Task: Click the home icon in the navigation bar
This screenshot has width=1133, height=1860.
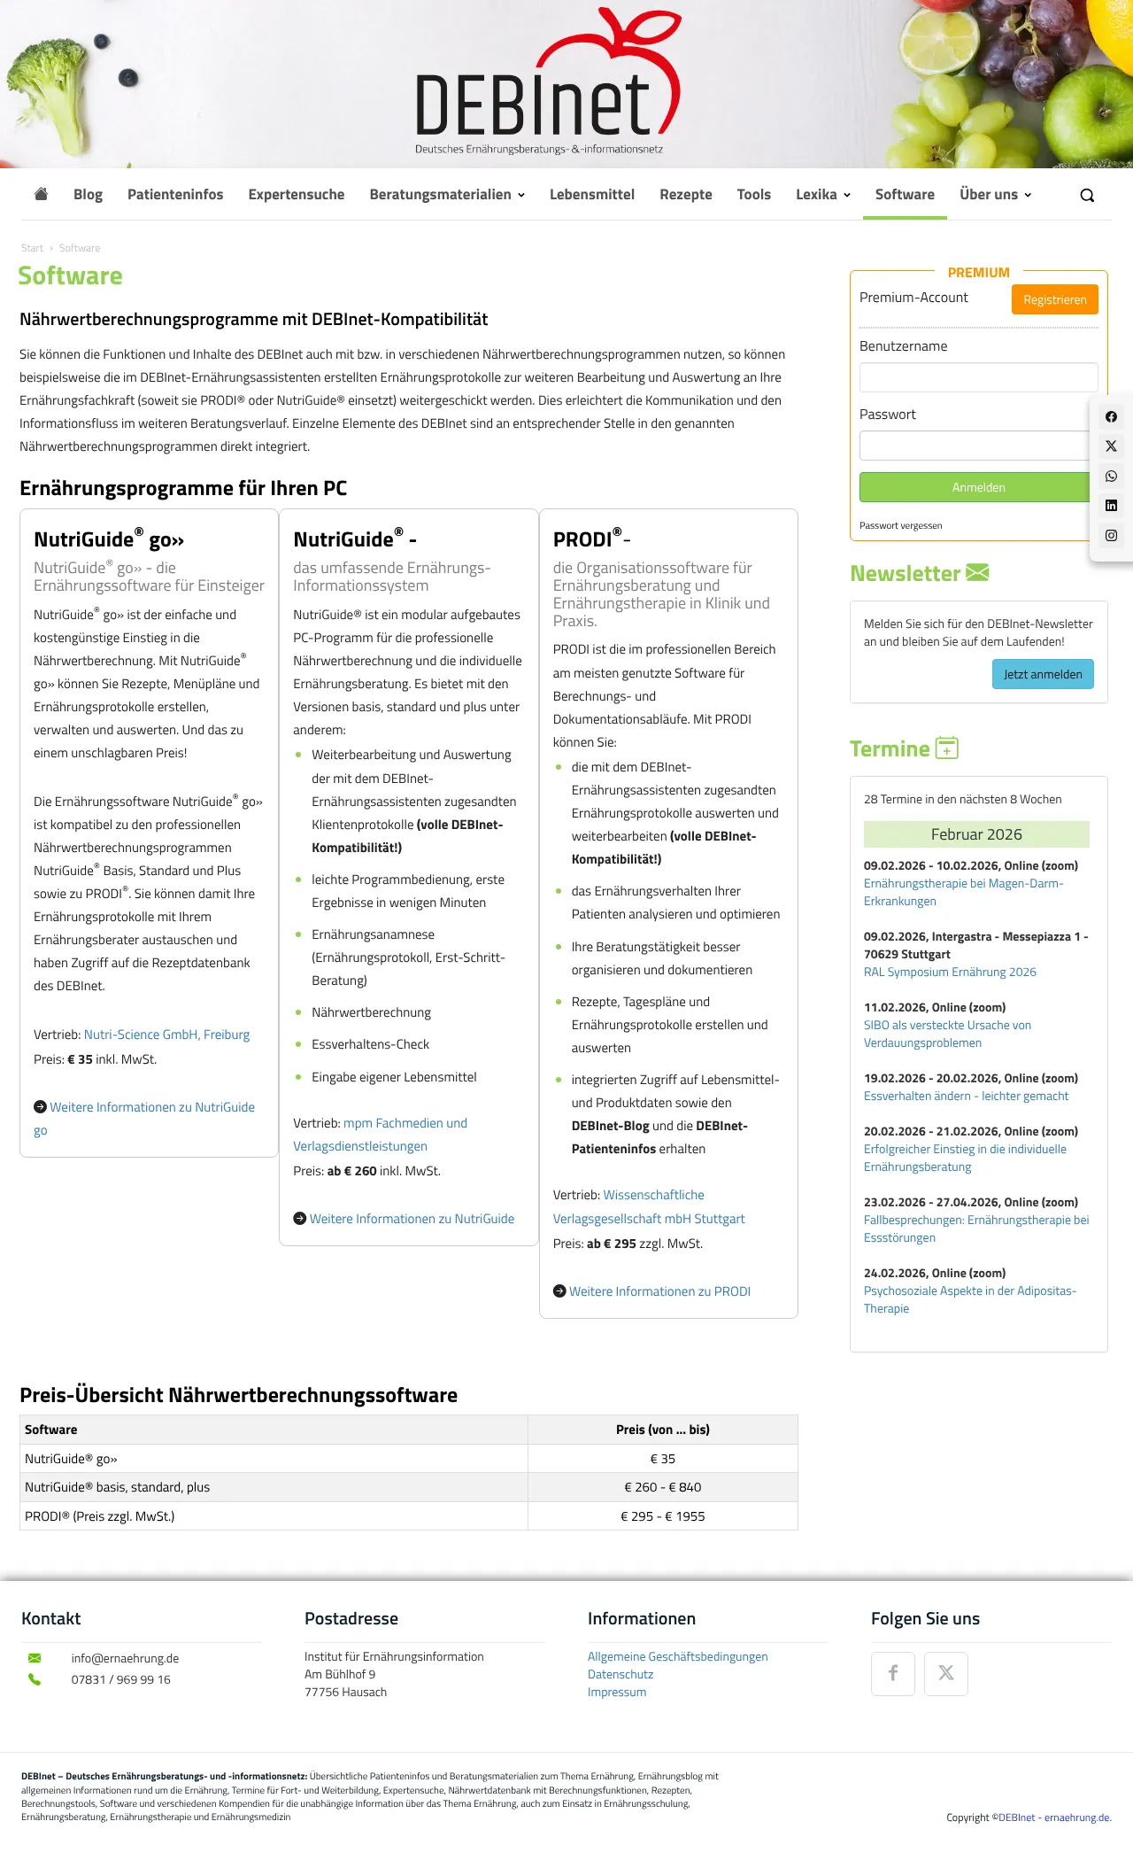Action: pyautogui.click(x=41, y=194)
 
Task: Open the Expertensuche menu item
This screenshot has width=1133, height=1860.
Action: pyautogui.click(x=296, y=194)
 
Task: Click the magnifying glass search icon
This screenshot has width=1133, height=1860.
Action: pyautogui.click(x=1087, y=196)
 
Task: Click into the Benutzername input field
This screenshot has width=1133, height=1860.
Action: pyautogui.click(x=978, y=377)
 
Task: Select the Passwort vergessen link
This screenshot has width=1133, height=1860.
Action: pyautogui.click(x=900, y=525)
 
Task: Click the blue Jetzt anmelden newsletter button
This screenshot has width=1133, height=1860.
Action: pyautogui.click(x=1043, y=674)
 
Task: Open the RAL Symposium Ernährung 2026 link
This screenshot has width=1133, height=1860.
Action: pyautogui.click(x=950, y=972)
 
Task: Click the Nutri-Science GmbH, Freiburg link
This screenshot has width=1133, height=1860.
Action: pyautogui.click(x=166, y=1035)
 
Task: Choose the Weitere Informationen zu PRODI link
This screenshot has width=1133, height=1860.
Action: pyautogui.click(x=659, y=1291)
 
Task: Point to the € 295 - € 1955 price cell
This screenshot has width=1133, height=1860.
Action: pyautogui.click(x=662, y=1516)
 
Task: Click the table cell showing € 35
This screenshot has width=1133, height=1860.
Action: pyautogui.click(x=662, y=1459)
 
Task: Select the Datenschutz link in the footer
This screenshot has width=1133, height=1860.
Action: pyautogui.click(x=620, y=1674)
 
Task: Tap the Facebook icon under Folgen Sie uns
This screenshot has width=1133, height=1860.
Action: pyautogui.click(x=892, y=1673)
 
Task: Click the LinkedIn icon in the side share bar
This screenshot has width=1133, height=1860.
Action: pyautogui.click(x=1111, y=506)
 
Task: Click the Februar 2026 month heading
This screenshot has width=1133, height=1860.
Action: pyautogui.click(x=976, y=834)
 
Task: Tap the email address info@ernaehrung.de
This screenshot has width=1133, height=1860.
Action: pyautogui.click(x=125, y=1658)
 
